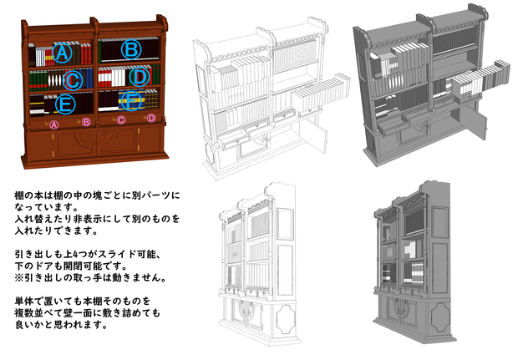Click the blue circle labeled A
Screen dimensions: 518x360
pyautogui.click(x=62, y=53)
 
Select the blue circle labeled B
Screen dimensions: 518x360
pyautogui.click(x=131, y=50)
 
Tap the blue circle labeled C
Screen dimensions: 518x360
pyautogui.click(x=73, y=80)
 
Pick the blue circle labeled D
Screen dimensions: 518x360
pyautogui.click(x=140, y=76)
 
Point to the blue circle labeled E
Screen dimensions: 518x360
pyautogui.click(x=65, y=104)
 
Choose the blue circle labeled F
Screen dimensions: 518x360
pyautogui.click(x=131, y=100)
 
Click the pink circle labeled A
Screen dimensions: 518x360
pyautogui.click(x=53, y=124)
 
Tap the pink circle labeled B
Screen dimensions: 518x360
pyautogui.click(x=86, y=122)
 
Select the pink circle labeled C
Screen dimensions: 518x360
pyautogui.click(x=121, y=120)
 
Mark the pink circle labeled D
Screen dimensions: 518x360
pyautogui.click(x=151, y=118)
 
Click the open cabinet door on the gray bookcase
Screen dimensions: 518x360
pyautogui.click(x=473, y=124)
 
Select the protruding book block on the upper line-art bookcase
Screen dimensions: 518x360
pyautogui.click(x=321, y=94)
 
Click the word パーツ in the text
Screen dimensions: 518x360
pyautogui.click(x=155, y=195)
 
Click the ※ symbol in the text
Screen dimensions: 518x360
pyautogui.click(x=19, y=278)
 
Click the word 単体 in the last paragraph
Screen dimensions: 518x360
pyautogui.click(x=23, y=302)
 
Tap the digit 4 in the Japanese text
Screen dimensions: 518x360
pyautogui.click(x=74, y=255)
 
